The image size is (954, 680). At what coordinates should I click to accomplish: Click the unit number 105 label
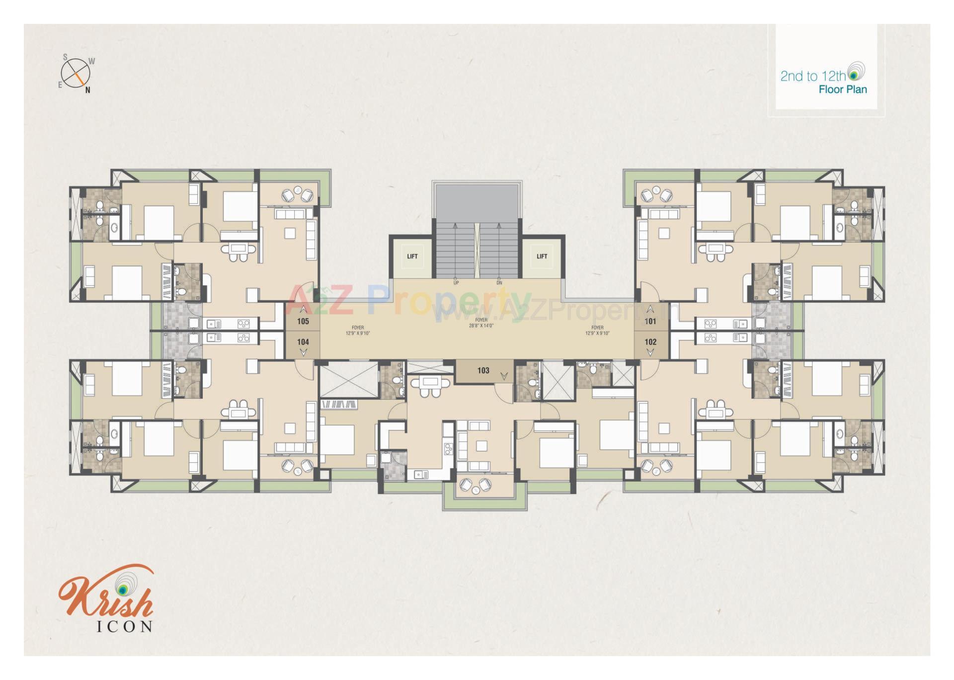tap(303, 321)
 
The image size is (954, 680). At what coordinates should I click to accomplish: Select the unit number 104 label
tap(303, 342)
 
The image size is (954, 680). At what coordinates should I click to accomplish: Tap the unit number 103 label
tap(483, 370)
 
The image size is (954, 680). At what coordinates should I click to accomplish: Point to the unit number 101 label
tap(650, 321)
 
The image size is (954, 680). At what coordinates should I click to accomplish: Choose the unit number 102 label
tap(650, 342)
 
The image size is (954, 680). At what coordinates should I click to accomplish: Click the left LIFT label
tap(412, 256)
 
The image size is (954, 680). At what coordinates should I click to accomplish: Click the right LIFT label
tap(542, 256)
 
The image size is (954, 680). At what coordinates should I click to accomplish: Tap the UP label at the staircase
tap(456, 283)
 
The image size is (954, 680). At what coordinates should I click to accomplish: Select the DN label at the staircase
tap(499, 283)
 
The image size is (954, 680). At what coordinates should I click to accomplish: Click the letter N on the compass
tap(88, 90)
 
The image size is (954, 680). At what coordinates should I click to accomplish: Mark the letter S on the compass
tap(65, 58)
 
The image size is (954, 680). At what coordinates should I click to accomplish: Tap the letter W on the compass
tap(91, 62)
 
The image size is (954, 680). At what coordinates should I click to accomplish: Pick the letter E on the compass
tap(60, 85)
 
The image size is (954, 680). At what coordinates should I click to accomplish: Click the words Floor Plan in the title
tap(843, 90)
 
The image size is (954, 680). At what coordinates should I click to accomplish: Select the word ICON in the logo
tap(124, 626)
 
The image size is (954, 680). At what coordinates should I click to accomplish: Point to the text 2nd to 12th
tap(812, 76)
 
